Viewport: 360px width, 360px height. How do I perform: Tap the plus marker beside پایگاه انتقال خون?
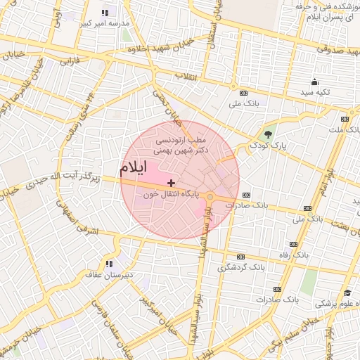[172, 182]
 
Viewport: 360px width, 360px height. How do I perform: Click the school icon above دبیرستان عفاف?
[108, 264]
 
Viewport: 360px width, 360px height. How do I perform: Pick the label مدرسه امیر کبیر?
[106, 23]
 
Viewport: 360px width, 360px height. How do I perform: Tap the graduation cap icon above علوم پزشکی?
[347, 293]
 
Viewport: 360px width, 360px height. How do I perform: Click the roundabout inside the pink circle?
[210, 196]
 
